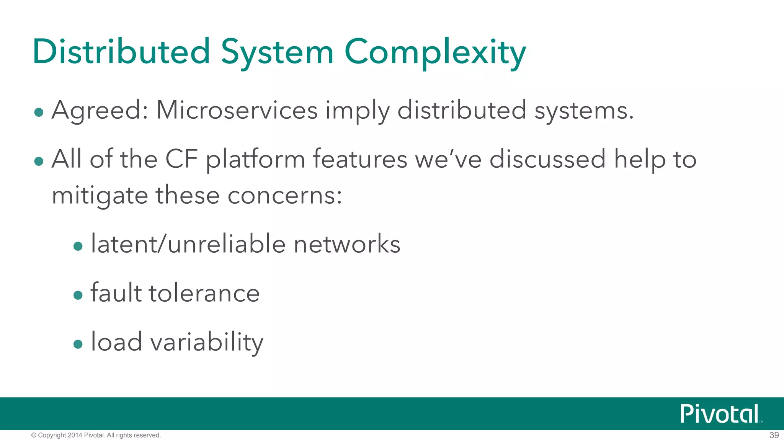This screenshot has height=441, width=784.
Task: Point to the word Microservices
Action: [x=237, y=110]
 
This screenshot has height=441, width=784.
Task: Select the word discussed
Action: [x=547, y=159]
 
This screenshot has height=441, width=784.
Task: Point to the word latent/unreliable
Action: [x=188, y=244]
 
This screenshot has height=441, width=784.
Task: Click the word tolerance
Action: [x=204, y=293]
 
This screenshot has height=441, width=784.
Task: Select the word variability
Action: [x=207, y=342]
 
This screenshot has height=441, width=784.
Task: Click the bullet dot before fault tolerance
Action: [x=78, y=295]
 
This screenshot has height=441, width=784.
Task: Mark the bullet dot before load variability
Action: [x=78, y=344]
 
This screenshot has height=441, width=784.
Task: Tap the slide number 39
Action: [x=774, y=435]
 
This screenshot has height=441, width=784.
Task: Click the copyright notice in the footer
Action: [x=96, y=435]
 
